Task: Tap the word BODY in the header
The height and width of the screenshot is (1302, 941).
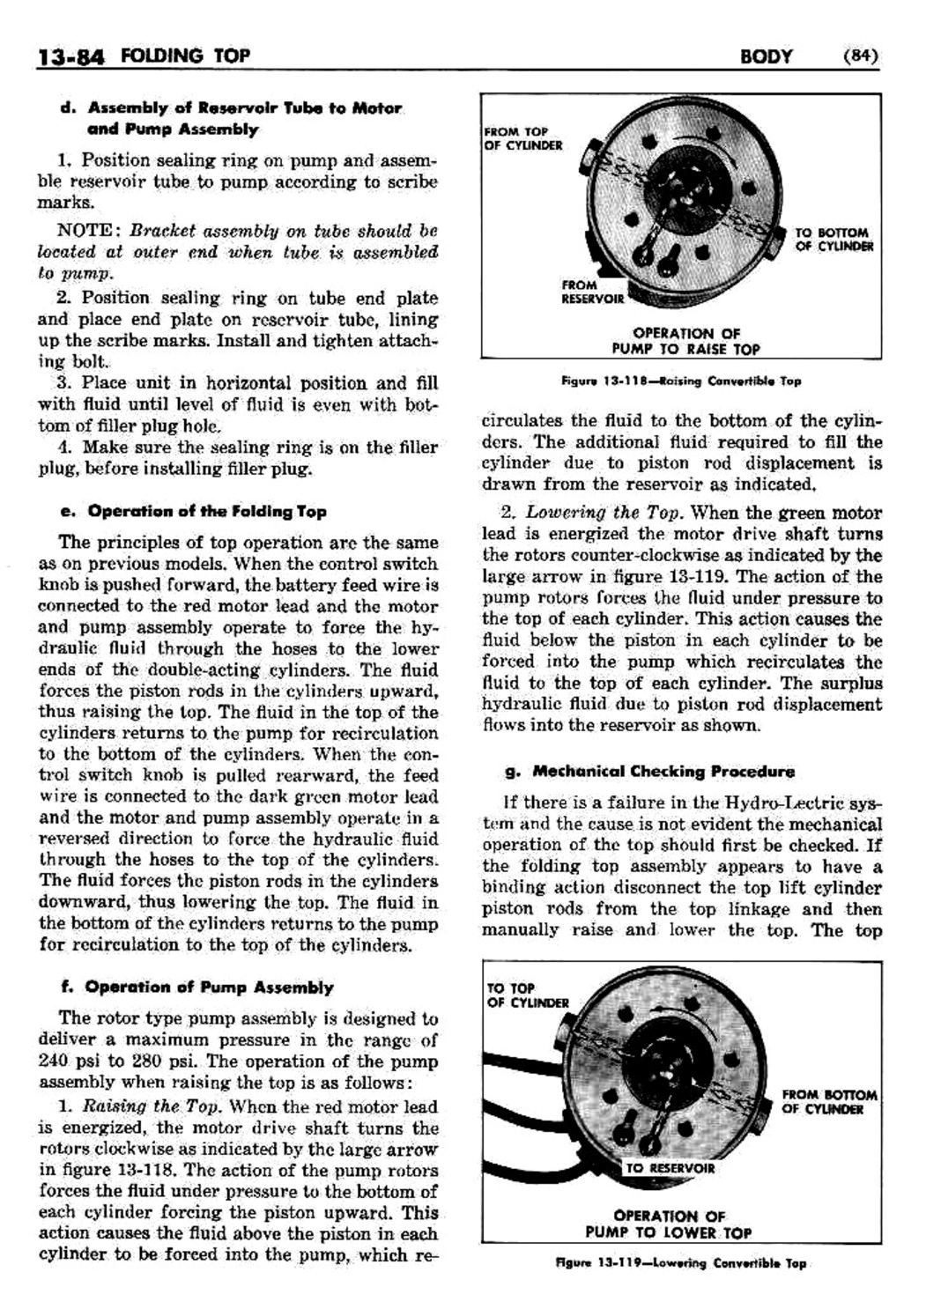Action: click(x=767, y=57)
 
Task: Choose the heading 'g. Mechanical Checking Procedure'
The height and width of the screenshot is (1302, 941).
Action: click(x=649, y=772)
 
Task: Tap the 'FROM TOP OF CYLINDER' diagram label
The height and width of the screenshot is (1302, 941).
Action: click(x=523, y=138)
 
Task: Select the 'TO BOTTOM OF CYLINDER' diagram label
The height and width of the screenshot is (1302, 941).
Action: click(x=833, y=240)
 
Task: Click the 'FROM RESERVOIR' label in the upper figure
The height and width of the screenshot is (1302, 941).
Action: click(x=592, y=292)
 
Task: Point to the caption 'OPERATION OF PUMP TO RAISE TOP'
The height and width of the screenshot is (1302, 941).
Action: click(x=686, y=341)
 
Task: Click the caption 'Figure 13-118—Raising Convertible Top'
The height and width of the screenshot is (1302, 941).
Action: click(x=681, y=381)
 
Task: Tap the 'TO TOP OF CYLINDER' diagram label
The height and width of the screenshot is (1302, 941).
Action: click(x=528, y=995)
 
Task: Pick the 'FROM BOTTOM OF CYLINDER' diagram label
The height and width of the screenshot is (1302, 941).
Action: click(x=829, y=1101)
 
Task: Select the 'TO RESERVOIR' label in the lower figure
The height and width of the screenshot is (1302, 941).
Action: click(x=670, y=1168)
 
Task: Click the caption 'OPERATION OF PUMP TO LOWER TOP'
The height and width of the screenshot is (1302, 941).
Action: click(x=669, y=1224)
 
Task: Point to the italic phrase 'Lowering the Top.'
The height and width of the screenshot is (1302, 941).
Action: click(x=607, y=513)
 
